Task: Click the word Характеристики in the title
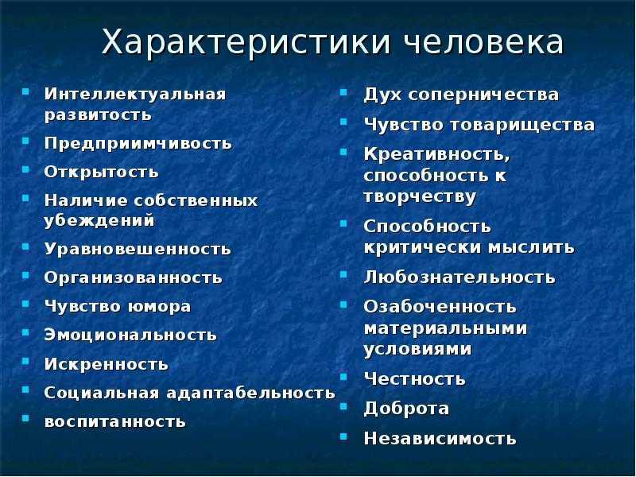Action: coord(246,42)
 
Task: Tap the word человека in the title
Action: coord(483,42)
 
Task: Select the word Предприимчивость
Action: coord(138,144)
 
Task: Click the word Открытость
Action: coord(101,172)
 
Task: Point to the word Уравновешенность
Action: coord(138,249)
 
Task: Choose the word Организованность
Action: coord(133,277)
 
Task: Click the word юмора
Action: coord(160,307)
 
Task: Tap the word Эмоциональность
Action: coord(130,335)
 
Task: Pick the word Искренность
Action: coord(106,364)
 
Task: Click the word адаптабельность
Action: coord(251,393)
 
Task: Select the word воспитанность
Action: coord(114,422)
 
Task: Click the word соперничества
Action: coord(483,95)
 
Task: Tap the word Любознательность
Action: coord(460,277)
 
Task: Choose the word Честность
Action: coord(414,379)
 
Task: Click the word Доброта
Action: coord(406,408)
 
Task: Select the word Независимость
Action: coord(440,438)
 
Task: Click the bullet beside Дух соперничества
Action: coord(343,92)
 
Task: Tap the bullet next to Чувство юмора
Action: coord(25,304)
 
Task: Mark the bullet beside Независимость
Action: coord(343,436)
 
